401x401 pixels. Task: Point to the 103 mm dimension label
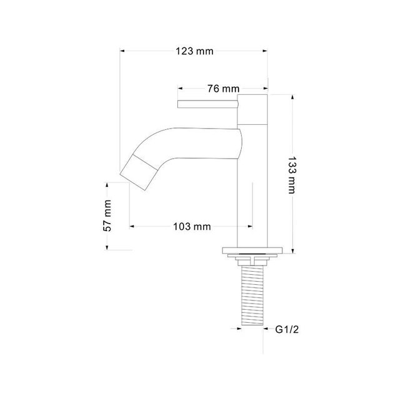[191, 226]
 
